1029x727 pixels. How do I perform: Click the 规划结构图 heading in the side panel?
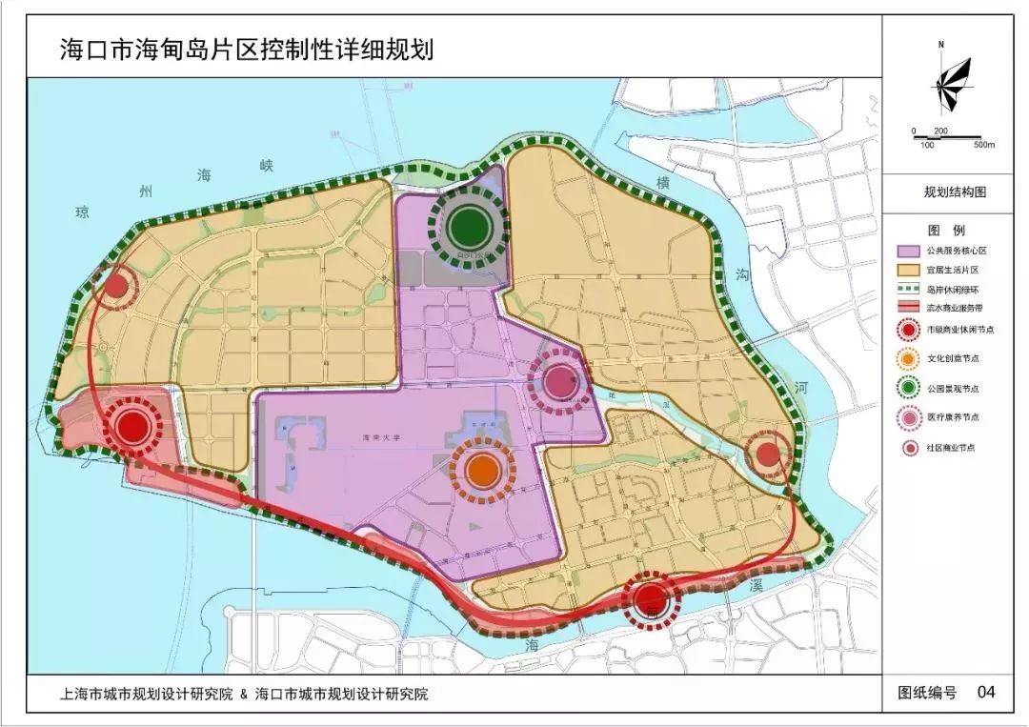pyautogui.click(x=955, y=192)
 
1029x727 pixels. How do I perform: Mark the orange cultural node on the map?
pyautogui.click(x=483, y=469)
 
